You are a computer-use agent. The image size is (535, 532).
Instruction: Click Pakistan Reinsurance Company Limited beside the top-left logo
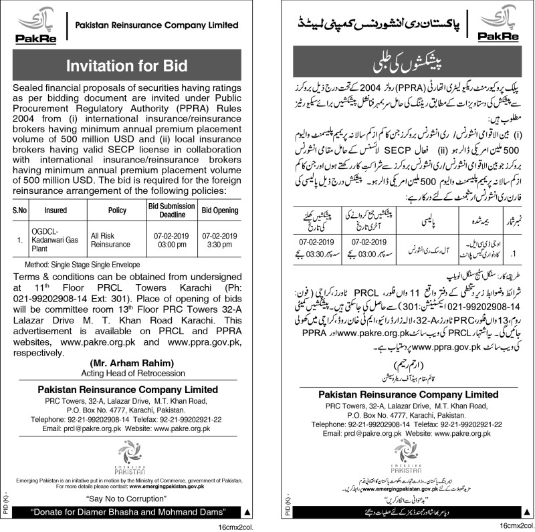156,25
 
